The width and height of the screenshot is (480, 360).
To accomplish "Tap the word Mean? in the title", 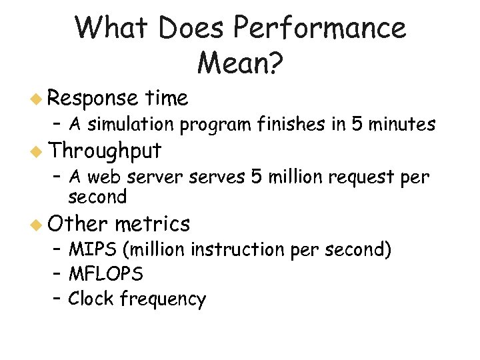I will click(240, 63).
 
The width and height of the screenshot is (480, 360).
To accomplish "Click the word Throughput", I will click(105, 152).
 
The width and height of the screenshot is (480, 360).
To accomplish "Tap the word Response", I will click(92, 99).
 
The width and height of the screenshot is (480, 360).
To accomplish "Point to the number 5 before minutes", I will click(354, 124).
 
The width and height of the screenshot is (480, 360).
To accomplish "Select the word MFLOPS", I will click(105, 274).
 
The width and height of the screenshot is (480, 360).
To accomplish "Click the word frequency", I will click(163, 299).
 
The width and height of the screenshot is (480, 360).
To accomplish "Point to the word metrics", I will click(152, 223).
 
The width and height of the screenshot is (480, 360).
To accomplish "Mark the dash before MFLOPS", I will click(58, 274).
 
